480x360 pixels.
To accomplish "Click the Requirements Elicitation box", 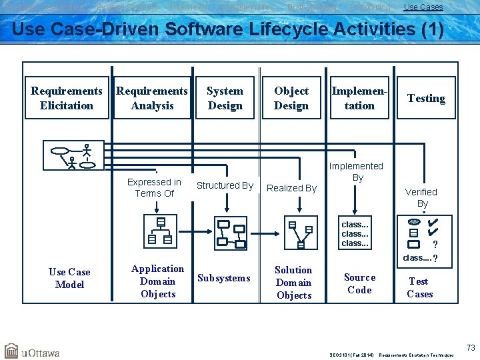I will click(67, 98).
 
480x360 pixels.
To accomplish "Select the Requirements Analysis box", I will click(152, 98).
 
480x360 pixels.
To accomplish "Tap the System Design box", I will click(225, 98).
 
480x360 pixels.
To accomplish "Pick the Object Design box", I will click(291, 98).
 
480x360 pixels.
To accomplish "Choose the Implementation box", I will click(359, 98).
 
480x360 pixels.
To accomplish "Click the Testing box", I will click(426, 98).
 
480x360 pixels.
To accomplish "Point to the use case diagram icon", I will click(73, 155).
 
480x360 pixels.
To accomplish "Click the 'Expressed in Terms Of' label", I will click(154, 187).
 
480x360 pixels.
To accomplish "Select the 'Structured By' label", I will click(225, 185).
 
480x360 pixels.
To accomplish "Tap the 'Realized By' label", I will click(291, 188).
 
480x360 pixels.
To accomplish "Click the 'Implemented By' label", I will click(357, 171).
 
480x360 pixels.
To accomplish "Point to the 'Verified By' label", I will click(421, 197).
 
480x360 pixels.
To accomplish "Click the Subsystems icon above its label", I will click(231, 233).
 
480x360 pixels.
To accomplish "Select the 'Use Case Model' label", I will click(69, 278).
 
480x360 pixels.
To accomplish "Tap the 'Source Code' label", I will click(359, 283).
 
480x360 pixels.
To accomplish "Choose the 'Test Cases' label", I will click(419, 287).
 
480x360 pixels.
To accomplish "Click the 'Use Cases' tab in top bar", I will click(423, 7).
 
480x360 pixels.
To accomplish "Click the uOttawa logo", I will click(32, 351).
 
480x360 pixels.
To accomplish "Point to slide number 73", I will click(471, 347).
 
